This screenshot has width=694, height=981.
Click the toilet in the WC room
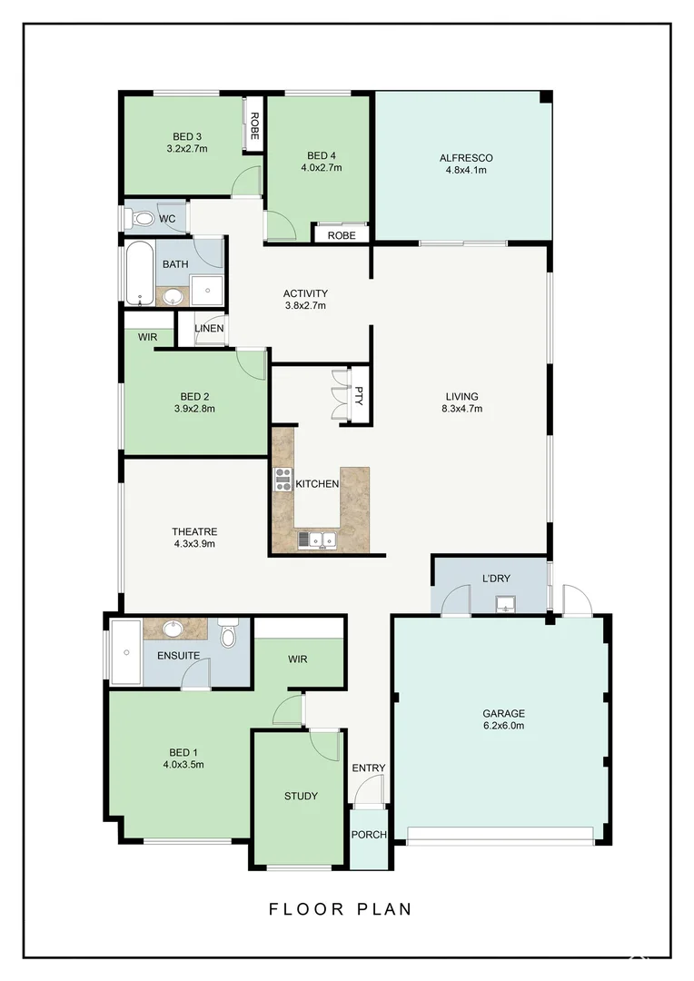point(142,219)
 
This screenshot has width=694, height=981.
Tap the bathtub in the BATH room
point(139,273)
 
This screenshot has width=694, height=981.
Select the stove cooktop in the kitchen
point(283,479)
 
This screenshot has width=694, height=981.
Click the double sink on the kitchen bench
point(317,540)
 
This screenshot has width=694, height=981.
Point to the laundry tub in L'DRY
point(505,603)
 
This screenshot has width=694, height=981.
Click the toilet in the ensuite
point(227,633)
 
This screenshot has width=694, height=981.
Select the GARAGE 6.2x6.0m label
point(503,719)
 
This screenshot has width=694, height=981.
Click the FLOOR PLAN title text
point(341,908)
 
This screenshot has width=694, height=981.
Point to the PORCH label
point(368,835)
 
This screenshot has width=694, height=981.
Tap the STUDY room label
point(301,796)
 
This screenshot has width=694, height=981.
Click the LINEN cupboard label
point(209,329)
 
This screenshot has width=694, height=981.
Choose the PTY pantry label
point(359,395)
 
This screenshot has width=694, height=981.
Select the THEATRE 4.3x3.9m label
point(194,538)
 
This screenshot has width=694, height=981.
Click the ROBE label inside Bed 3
point(254,124)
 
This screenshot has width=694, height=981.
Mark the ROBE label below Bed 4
point(342,234)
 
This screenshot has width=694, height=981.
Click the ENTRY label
point(368,768)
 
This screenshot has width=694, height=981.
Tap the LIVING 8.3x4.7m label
point(461,401)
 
